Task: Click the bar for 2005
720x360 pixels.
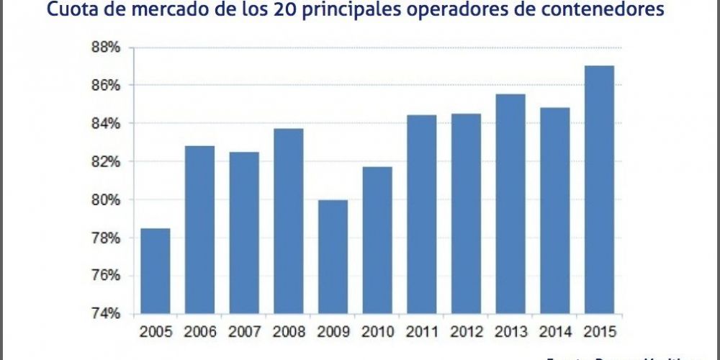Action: coord(155,271)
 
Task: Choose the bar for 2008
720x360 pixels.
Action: coord(288,221)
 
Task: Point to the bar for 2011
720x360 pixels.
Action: coord(421,214)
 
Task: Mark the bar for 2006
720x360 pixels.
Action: coord(199,230)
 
